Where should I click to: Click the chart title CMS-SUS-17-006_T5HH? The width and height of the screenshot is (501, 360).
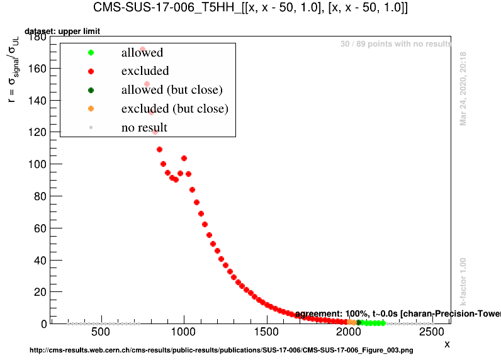tap(250, 8)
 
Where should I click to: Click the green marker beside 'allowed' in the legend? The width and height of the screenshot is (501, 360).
tap(91, 53)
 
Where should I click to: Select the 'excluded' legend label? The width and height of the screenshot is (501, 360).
tap(145, 71)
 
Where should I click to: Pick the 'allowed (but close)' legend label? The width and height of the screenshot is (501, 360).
tap(172, 90)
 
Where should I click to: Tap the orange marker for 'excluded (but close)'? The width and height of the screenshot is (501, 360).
tap(91, 109)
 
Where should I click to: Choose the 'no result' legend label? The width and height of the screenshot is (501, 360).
tap(144, 128)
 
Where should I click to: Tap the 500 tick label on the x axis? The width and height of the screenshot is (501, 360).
tap(101, 332)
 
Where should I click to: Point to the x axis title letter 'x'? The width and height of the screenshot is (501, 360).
tap(447, 344)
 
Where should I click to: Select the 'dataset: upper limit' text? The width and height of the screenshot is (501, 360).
tap(62, 31)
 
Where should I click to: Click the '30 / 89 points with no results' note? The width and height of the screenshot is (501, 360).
tap(396, 44)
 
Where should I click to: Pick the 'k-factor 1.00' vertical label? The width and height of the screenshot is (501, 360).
tap(463, 282)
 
